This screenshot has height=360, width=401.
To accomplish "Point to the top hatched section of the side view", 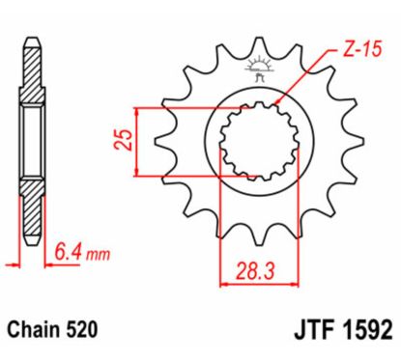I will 32,72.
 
